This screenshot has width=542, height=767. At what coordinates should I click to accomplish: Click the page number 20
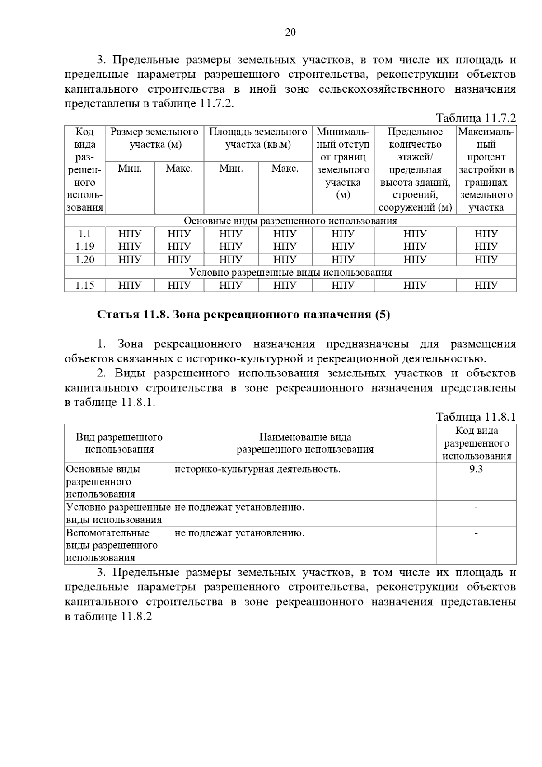[290, 33]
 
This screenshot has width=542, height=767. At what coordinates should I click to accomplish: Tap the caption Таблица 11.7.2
[476, 118]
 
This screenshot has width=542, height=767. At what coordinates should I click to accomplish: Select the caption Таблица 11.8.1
[476, 417]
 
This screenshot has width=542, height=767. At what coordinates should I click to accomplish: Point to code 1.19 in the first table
[85, 246]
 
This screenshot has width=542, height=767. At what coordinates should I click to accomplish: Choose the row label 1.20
[85, 259]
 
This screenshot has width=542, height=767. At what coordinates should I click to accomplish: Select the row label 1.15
[85, 285]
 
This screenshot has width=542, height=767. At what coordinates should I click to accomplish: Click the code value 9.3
[476, 469]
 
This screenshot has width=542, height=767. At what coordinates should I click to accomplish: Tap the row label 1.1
[85, 234]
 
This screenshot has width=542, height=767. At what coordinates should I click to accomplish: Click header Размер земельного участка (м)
[154, 138]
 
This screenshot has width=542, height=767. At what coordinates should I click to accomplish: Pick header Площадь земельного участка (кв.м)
[258, 138]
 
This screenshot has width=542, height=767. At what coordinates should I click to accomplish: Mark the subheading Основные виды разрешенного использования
[290, 221]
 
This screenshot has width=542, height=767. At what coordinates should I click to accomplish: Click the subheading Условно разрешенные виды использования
[290, 273]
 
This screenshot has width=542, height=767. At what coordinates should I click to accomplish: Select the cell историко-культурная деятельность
[257, 469]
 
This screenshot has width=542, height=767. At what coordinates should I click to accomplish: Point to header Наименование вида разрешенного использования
[305, 443]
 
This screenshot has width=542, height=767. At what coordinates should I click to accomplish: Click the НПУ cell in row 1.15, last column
[486, 285]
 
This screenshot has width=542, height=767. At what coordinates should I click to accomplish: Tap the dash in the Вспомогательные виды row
[476, 534]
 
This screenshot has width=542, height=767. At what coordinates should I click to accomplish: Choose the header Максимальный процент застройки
[486, 170]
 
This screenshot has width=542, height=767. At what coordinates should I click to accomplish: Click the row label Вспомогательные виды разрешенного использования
[112, 545]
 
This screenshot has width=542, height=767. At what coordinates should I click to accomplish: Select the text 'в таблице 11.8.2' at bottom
[108, 616]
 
